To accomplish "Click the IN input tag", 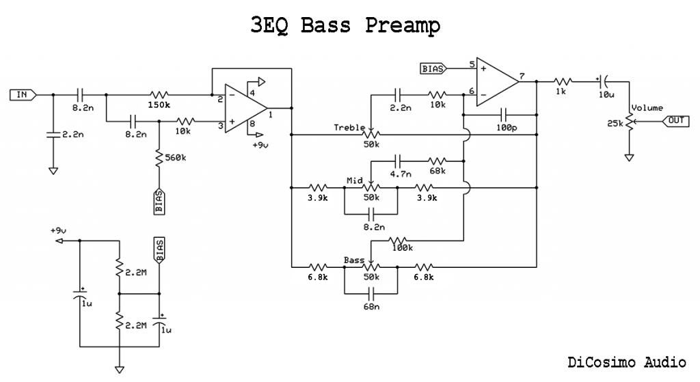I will tap(21, 94).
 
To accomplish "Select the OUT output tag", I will tap(675, 121).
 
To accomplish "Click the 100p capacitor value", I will tap(507, 128).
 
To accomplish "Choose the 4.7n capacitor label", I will tap(401, 174).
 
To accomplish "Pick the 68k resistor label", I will tap(437, 171).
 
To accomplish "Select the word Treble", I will tap(349, 127).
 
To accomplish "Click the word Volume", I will tap(647, 108).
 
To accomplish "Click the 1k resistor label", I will tap(563, 92).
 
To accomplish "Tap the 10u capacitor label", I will tap(606, 94).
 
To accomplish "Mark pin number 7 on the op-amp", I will tap(523, 76).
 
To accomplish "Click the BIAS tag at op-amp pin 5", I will tap(433, 68).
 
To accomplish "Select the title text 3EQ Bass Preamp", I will tap(346, 25).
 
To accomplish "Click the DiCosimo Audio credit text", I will tap(626, 362).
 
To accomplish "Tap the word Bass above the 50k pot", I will tap(354, 260).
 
